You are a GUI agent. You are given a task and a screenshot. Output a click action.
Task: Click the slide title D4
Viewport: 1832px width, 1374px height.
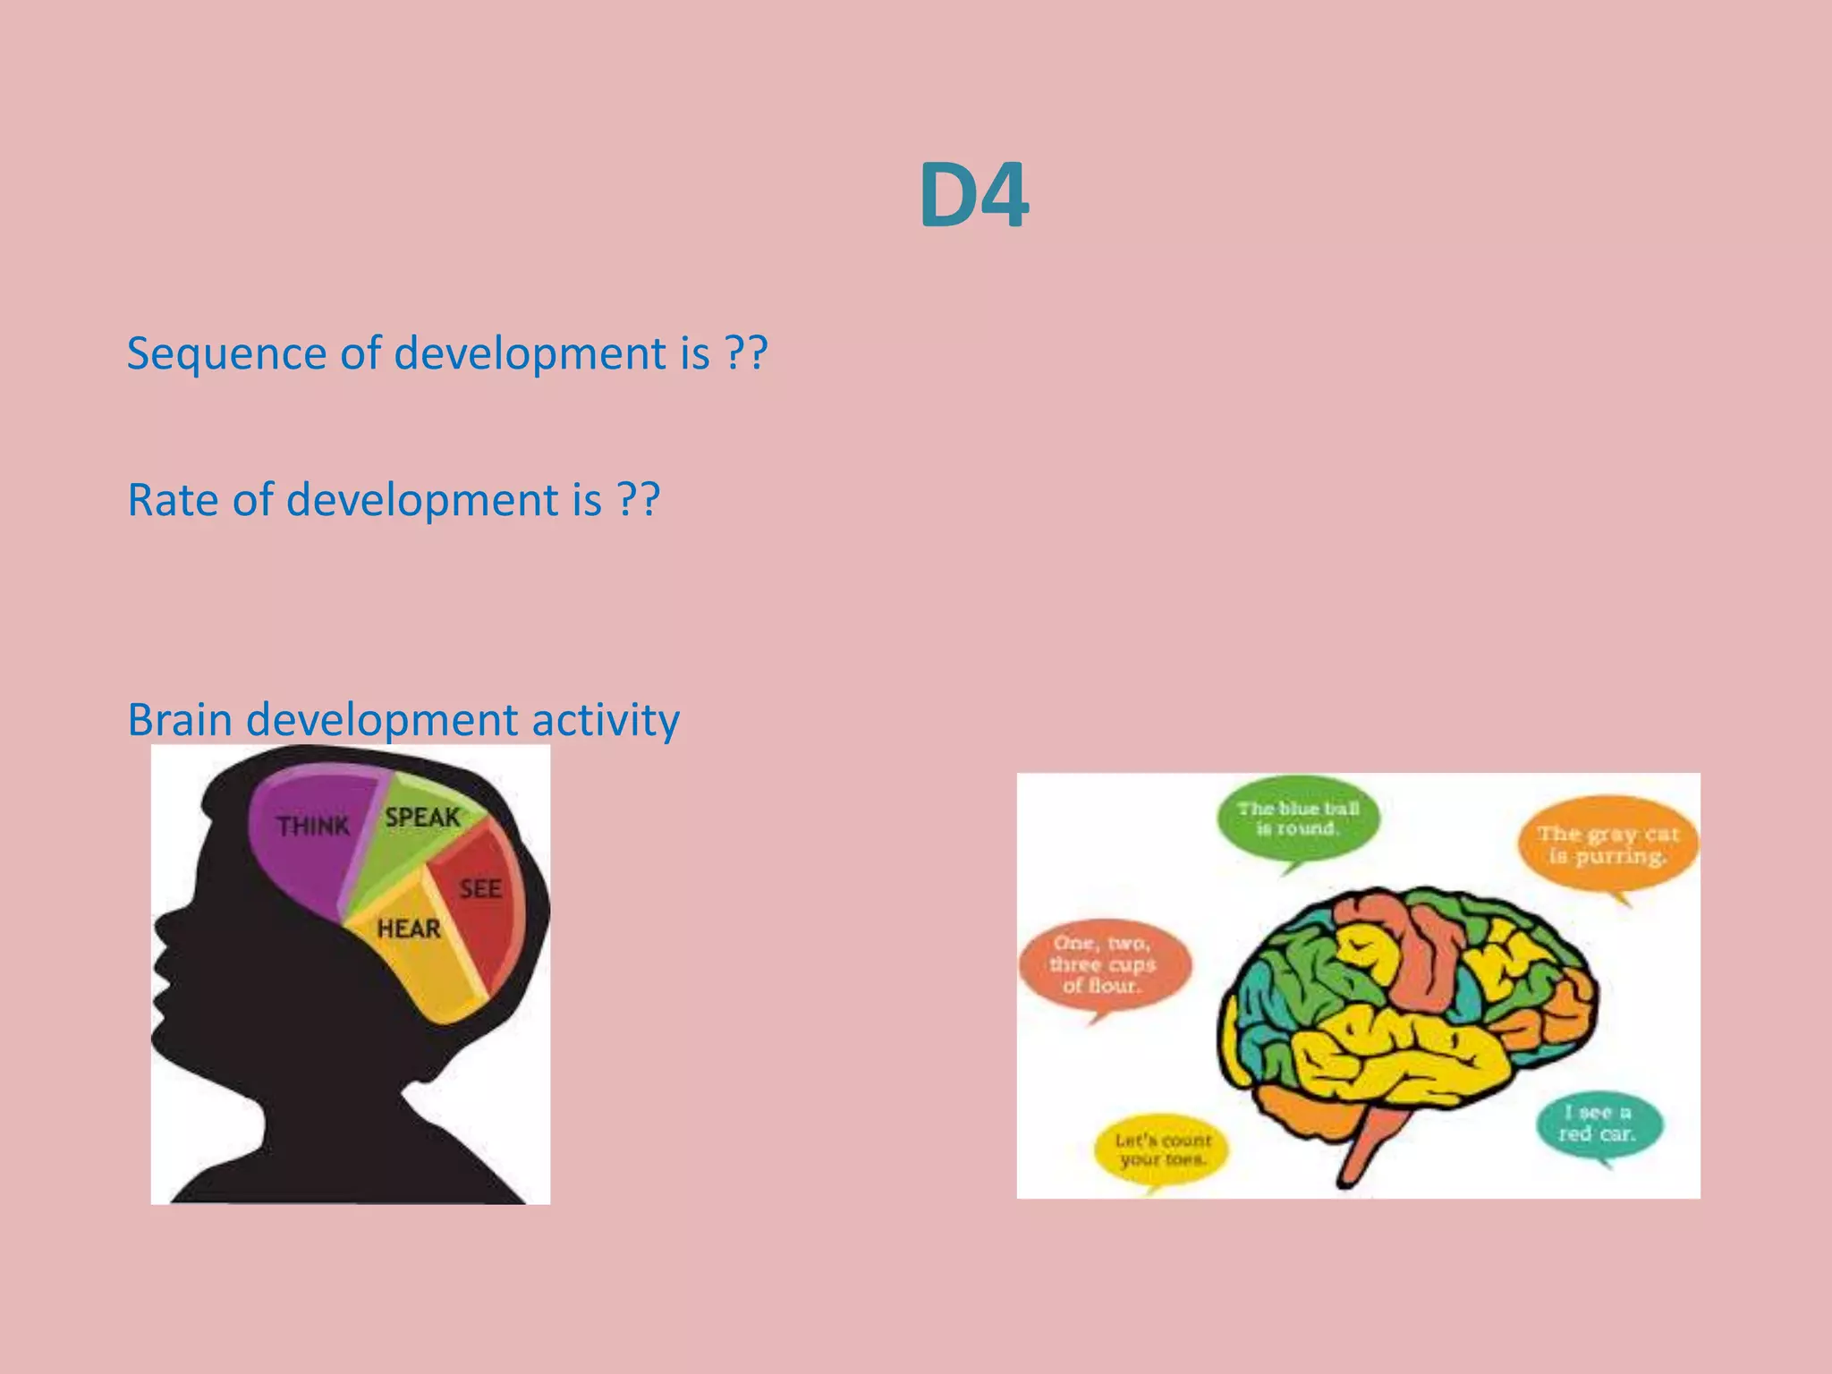pos(973,196)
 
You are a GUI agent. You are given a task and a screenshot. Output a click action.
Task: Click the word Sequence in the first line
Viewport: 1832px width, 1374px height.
pos(225,354)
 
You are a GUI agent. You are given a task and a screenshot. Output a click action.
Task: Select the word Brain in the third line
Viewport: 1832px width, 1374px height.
pos(179,720)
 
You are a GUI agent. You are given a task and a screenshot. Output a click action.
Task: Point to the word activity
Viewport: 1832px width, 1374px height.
pos(606,721)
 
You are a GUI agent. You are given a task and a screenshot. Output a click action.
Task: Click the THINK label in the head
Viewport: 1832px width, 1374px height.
pos(312,826)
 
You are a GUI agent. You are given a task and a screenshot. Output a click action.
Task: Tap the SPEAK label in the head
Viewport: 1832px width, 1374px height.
pos(422,818)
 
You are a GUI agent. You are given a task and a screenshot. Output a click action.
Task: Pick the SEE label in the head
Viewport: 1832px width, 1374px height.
pos(480,889)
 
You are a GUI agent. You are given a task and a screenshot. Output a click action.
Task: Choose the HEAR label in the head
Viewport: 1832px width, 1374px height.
pos(409,929)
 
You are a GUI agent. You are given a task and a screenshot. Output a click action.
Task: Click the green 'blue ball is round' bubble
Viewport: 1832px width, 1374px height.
pos(1298,818)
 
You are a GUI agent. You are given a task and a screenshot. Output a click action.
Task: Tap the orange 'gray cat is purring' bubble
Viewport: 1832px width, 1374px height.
pos(1607,845)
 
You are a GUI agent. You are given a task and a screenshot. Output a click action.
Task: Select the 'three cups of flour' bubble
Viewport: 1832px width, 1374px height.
pos(1104,965)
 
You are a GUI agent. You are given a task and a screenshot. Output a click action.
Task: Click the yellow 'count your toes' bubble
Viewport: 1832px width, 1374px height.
pos(1162,1149)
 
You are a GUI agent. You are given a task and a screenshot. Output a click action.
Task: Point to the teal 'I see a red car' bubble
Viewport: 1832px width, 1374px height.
pos(1598,1124)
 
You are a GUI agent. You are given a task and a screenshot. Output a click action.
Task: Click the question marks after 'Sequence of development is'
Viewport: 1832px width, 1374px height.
pos(746,354)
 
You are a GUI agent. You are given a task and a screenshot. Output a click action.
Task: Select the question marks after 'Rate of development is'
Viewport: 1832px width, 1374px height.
pos(639,500)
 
